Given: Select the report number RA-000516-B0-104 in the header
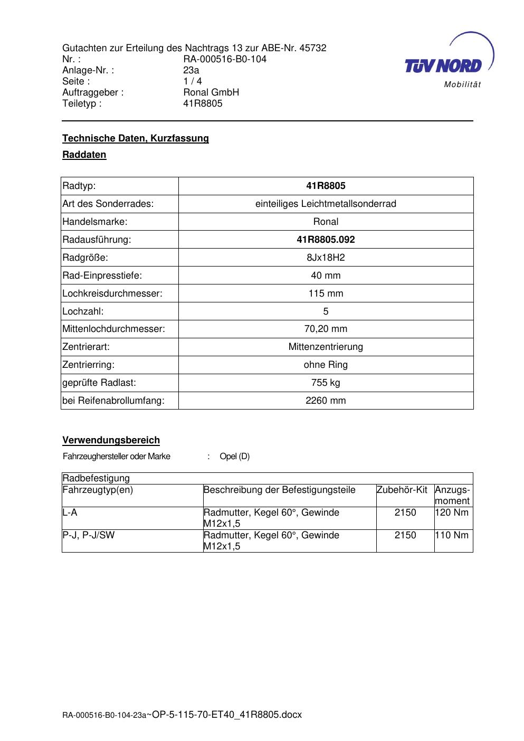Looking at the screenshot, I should (x=225, y=59).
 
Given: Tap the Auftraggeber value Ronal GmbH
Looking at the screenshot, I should (x=211, y=92).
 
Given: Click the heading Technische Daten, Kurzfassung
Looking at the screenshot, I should (x=136, y=138).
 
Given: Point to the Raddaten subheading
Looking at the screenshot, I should (x=84, y=155).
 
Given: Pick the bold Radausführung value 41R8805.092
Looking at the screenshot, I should (x=326, y=240).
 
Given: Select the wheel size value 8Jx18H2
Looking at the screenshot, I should (x=326, y=258).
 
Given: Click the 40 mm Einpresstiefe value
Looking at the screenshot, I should (x=326, y=275).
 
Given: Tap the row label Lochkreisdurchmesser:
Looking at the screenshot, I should (x=112, y=293).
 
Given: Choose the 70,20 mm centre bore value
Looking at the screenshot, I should (x=326, y=329).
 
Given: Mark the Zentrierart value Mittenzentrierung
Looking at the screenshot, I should (x=326, y=347).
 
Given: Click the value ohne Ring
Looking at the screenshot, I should (x=326, y=365).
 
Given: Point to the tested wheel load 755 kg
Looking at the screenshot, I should (x=326, y=383).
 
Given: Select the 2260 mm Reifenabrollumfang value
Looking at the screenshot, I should (x=326, y=401).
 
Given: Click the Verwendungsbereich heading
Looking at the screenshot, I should (x=111, y=440).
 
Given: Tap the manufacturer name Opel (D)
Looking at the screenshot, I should (x=234, y=457).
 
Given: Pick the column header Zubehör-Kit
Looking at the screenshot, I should (x=402, y=490).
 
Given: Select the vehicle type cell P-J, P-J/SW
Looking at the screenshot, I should (x=88, y=535).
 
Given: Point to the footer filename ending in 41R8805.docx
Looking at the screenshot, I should (x=227, y=715).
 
